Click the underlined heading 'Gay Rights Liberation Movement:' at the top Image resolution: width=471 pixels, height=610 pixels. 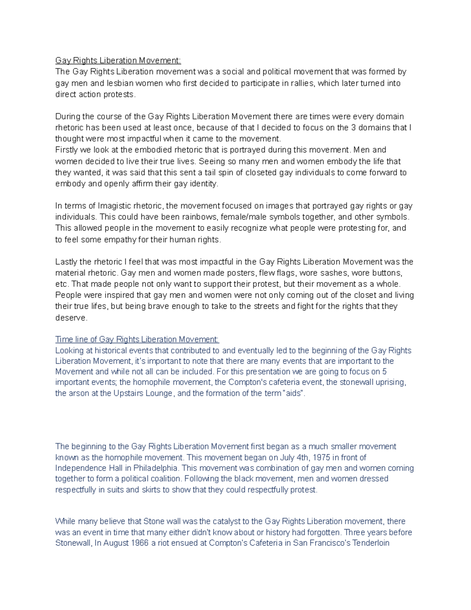click(x=118, y=60)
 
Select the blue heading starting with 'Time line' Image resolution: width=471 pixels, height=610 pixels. click(x=137, y=339)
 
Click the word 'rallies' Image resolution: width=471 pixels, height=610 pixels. click(x=302, y=83)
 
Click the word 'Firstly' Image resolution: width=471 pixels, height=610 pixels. click(x=66, y=150)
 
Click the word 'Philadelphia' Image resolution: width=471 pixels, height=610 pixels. click(x=155, y=468)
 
